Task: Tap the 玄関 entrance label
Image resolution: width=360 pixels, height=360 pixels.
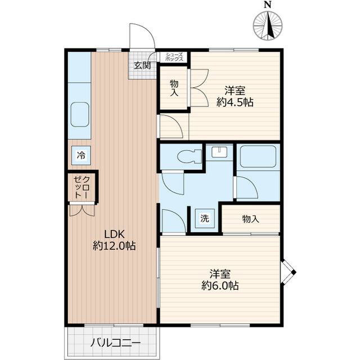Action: click(x=142, y=66)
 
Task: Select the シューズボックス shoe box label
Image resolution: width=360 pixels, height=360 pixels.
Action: click(x=174, y=57)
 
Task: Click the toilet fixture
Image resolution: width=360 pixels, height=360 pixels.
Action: click(x=190, y=156)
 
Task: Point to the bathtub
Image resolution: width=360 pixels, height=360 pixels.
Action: click(x=258, y=156)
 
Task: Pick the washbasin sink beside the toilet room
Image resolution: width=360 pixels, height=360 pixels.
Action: click(x=219, y=152)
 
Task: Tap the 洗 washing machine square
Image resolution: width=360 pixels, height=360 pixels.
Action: click(x=205, y=218)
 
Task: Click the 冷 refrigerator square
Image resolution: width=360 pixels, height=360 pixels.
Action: click(x=81, y=155)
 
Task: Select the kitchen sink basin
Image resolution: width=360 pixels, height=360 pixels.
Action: click(x=80, y=114)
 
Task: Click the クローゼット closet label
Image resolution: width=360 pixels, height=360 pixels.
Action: click(x=82, y=187)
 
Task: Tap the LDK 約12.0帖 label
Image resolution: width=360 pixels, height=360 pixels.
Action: click(x=114, y=240)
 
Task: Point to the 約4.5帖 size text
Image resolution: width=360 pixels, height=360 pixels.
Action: click(x=235, y=102)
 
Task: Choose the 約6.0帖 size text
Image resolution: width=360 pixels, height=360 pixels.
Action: click(x=220, y=286)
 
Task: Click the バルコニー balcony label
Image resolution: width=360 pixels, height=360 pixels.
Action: click(x=115, y=343)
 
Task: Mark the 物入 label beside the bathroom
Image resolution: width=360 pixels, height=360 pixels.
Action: click(x=250, y=219)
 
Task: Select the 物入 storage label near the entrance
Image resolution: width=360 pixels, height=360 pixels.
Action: click(x=174, y=88)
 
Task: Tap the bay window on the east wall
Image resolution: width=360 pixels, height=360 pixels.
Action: click(x=289, y=272)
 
